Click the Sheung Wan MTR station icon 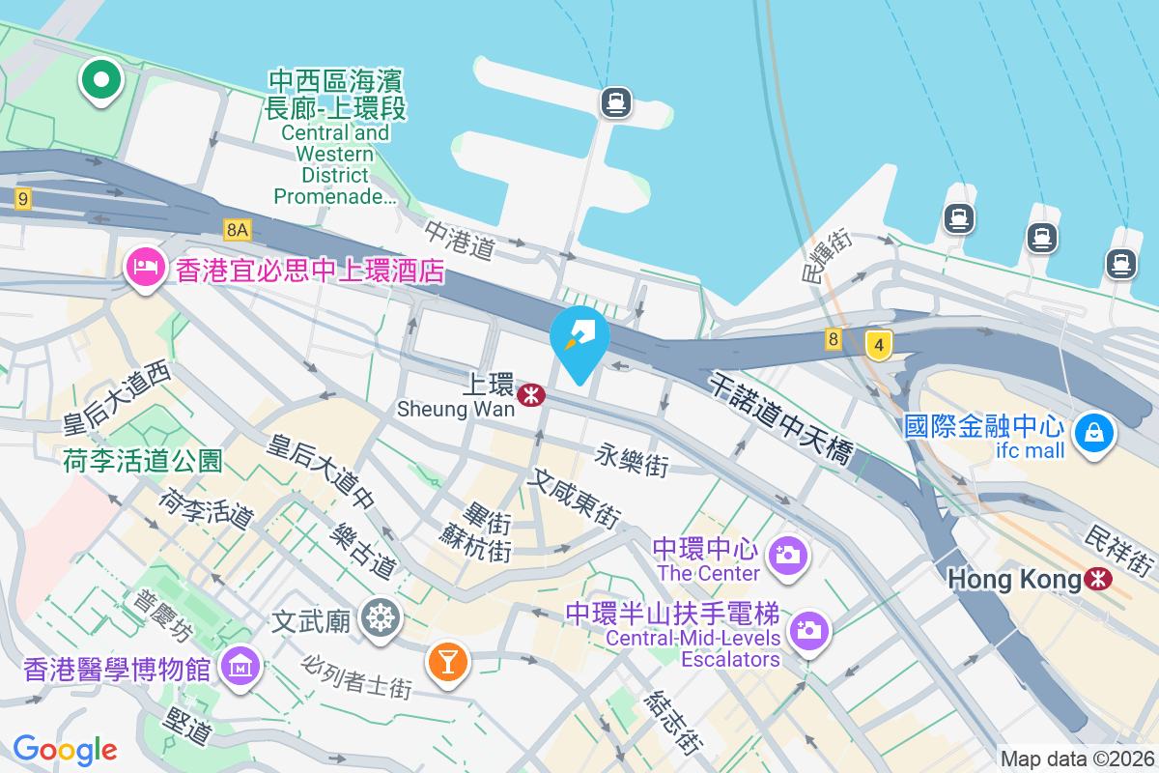click(x=529, y=394)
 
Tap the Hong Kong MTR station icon click(x=1097, y=579)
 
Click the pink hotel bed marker click(x=145, y=265)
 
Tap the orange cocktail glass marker click(x=448, y=662)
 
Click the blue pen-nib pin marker click(x=579, y=335)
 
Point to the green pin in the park click(x=100, y=78)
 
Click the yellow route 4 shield click(x=877, y=344)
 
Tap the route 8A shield click(x=237, y=230)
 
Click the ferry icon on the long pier click(x=615, y=101)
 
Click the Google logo click(x=65, y=749)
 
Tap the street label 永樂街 click(x=633, y=459)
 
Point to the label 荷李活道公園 click(x=143, y=461)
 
